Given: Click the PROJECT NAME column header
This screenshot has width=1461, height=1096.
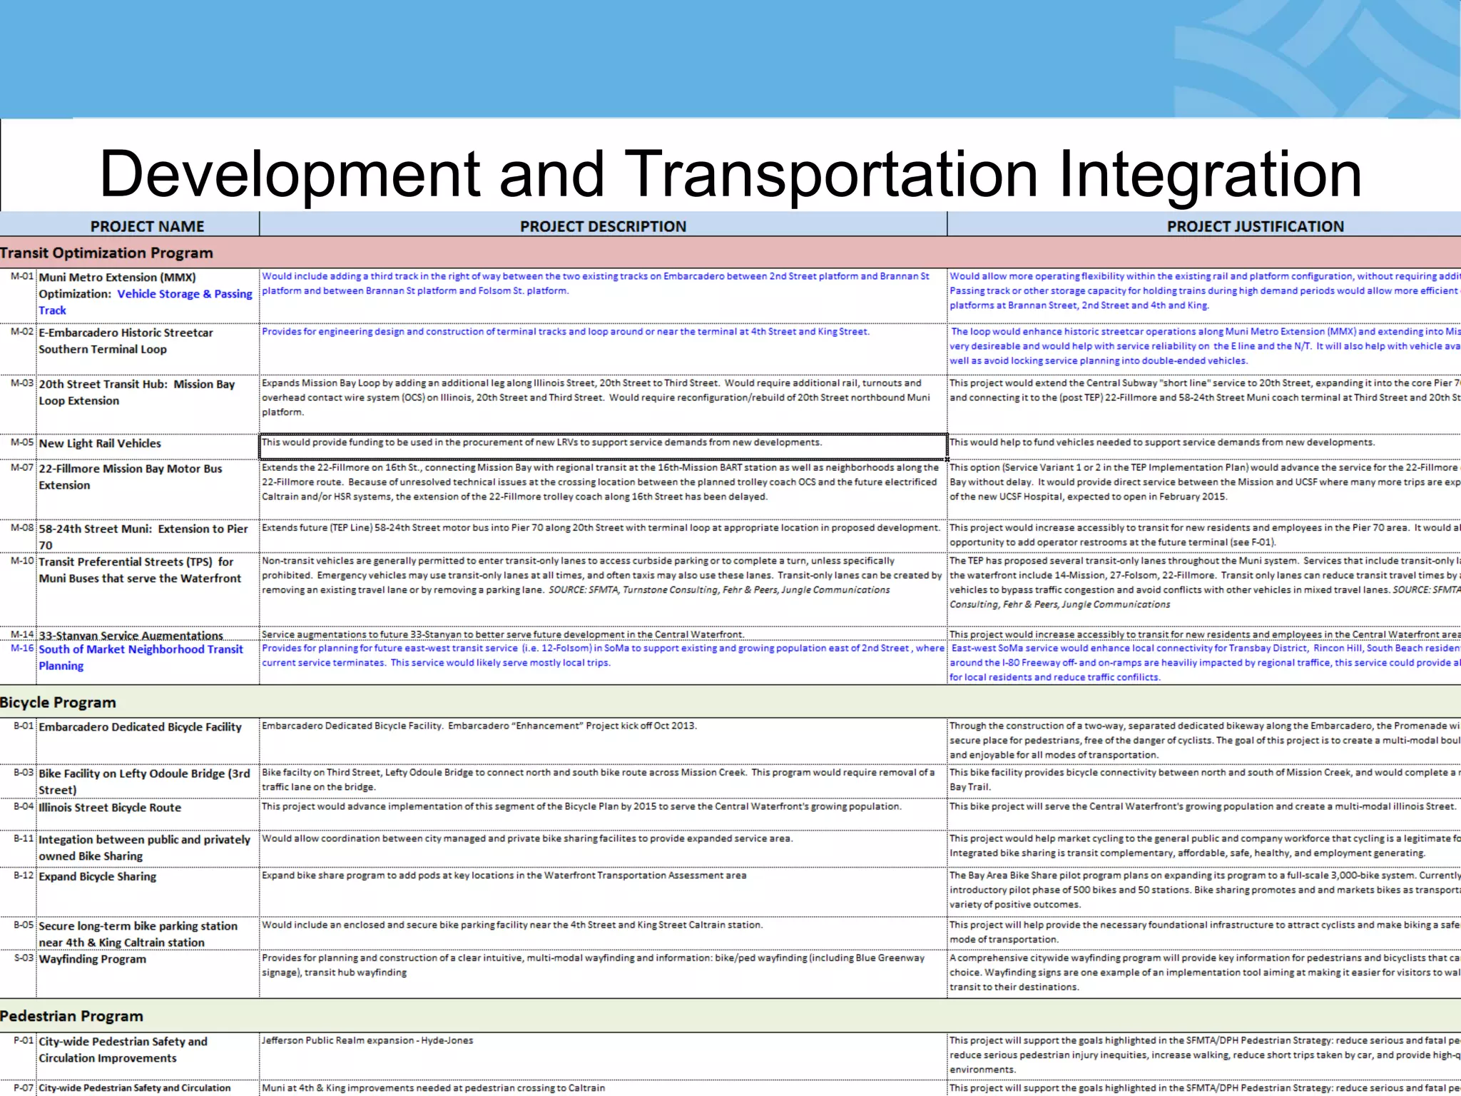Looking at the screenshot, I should tap(147, 226).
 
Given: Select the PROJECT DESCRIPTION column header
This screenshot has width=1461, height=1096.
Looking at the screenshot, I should tap(603, 226).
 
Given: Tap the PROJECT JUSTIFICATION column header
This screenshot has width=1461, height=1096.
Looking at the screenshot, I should tap(1255, 226).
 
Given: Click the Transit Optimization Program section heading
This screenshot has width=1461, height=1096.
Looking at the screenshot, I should tap(106, 253).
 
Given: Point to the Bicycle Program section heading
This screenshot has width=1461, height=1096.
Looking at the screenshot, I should tap(58, 702).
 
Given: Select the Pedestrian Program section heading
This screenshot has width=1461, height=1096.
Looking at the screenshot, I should tap(71, 1016).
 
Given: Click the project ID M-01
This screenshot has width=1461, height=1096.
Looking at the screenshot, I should tap(21, 276).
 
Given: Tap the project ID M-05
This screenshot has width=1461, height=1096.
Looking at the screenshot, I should tap(21, 442).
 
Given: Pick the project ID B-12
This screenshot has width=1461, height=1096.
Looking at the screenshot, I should tap(24, 876).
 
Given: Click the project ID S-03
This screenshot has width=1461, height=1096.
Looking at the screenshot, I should tap(24, 958).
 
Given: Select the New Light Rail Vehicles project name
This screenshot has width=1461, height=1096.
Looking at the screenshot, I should tap(100, 443).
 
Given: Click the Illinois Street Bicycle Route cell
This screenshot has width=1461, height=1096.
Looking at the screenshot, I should tap(110, 808).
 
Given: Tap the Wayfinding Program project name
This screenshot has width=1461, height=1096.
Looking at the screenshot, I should tap(92, 959).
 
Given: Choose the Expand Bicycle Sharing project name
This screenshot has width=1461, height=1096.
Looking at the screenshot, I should tap(97, 876).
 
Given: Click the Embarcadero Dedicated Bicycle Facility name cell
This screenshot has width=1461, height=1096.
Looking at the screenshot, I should tap(140, 727).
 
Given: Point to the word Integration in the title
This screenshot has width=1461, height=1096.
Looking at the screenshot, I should tap(1210, 174).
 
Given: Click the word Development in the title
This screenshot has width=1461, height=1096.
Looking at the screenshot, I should tap(290, 174).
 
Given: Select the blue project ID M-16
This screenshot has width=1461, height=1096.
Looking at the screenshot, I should tap(21, 649).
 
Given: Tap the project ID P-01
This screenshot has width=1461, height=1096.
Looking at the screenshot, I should tap(24, 1041).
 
